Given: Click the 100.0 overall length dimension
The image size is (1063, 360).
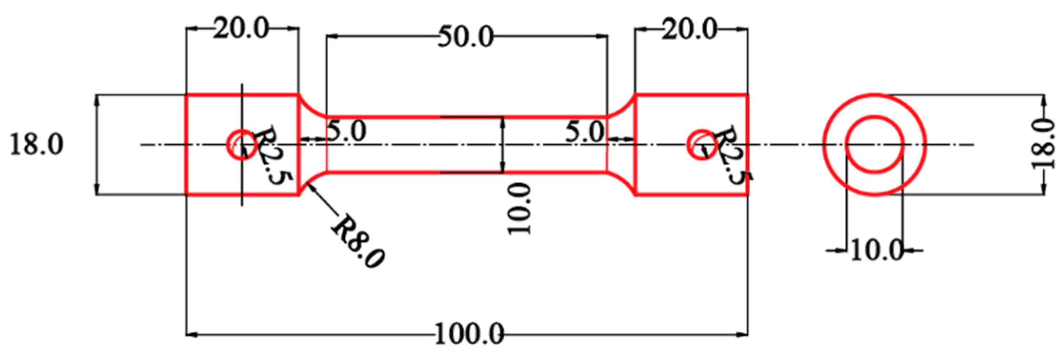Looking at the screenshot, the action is coord(469,334).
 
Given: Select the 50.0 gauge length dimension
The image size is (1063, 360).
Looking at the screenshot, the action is coord(466,37).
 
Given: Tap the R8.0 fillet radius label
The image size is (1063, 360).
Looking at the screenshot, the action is coord(358,242).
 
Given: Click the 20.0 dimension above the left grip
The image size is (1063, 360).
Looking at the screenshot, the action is coord(241,29).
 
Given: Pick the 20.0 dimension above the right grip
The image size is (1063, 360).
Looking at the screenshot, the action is coord(690,30).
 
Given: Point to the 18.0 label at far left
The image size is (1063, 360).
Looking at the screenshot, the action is coord(36,144).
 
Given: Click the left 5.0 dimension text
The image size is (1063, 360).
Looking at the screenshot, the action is coord(347,131).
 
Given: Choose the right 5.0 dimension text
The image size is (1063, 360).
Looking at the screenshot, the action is coord(585,131).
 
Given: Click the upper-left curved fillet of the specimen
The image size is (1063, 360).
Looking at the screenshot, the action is coord(310,107).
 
